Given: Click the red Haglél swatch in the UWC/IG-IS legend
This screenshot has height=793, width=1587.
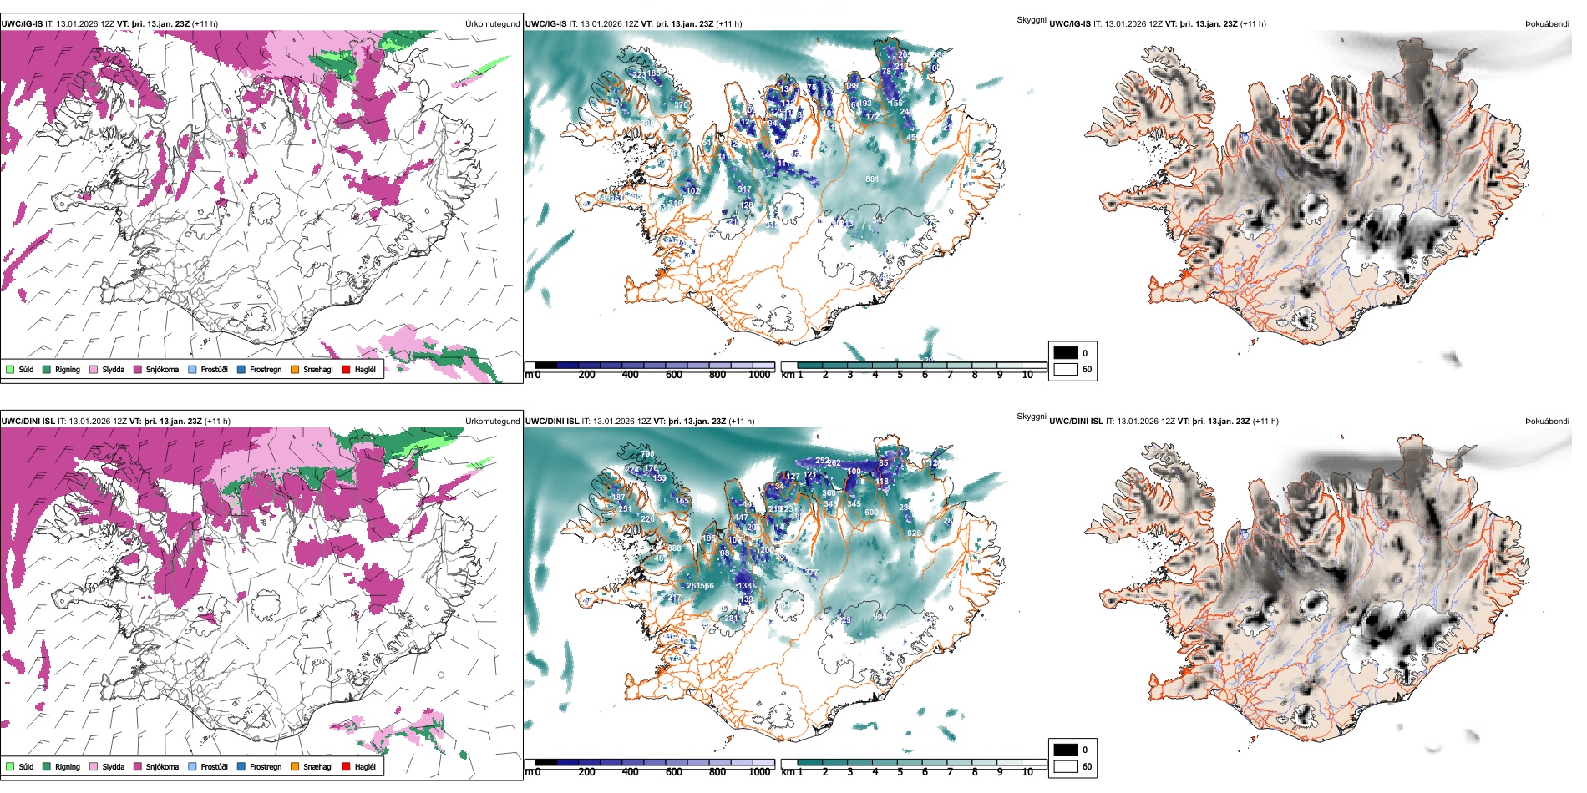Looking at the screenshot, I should [347, 369].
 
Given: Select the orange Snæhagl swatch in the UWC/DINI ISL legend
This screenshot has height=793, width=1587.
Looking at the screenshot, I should [295, 766].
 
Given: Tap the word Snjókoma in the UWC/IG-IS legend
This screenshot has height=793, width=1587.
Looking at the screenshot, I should [162, 370].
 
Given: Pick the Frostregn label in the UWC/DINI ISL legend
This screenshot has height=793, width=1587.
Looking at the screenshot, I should [265, 767].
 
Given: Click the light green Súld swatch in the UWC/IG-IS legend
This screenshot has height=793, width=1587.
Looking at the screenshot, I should [10, 369].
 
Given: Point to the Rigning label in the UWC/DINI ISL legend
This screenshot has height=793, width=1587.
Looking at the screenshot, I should [68, 767].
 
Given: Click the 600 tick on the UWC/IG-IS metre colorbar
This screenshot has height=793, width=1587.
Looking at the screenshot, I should [673, 375].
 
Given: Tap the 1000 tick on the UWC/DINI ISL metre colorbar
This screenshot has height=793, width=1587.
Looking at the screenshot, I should [759, 772].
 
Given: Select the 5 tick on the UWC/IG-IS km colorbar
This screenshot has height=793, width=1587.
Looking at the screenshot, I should [900, 375].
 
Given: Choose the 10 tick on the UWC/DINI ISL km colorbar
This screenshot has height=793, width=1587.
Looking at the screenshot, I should [1027, 772].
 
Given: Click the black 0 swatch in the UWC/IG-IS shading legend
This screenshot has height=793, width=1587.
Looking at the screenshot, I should [1066, 353].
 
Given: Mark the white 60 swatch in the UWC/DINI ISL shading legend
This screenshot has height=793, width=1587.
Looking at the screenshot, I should [1066, 766].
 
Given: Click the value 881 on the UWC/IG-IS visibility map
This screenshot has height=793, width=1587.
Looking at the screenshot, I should [872, 179].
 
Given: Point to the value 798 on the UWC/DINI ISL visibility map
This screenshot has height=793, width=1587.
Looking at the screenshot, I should [647, 454].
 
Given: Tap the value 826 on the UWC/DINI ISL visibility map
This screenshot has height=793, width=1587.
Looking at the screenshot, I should [914, 533].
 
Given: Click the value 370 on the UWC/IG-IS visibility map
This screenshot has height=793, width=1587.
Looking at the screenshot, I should [682, 105].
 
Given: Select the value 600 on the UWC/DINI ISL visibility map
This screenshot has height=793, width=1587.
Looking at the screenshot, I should [871, 513].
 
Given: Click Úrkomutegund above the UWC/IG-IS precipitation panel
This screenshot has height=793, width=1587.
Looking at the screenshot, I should [492, 24].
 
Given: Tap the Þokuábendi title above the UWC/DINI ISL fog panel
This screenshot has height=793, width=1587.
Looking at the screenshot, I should [1547, 422].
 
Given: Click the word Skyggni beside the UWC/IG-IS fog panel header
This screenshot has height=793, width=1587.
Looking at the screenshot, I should [1031, 19].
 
